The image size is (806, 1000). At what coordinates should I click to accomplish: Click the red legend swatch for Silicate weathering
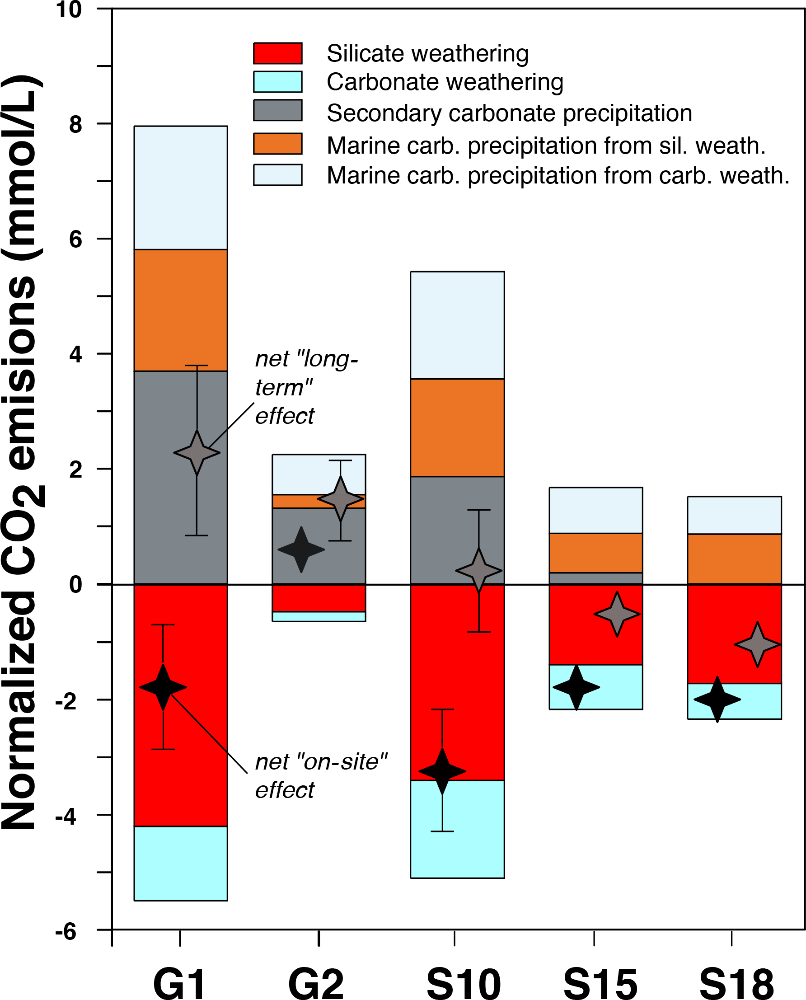click(278, 53)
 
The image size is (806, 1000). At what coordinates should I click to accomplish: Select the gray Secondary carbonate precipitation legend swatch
click(278, 111)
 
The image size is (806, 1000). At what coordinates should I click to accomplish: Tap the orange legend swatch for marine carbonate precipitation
click(278, 143)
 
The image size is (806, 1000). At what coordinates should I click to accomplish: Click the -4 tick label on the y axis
click(66, 816)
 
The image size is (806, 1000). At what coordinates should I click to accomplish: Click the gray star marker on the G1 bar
click(197, 453)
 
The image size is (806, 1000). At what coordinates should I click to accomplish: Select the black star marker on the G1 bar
click(163, 687)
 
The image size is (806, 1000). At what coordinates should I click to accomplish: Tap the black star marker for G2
click(301, 549)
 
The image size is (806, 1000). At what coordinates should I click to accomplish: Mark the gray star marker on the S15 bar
click(617, 614)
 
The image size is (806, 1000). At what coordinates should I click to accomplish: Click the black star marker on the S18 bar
click(717, 699)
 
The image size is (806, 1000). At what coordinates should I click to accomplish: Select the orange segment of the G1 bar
click(181, 310)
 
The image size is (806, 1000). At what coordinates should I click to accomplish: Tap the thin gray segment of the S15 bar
click(595, 578)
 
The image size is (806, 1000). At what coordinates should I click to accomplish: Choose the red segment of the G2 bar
click(319, 598)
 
